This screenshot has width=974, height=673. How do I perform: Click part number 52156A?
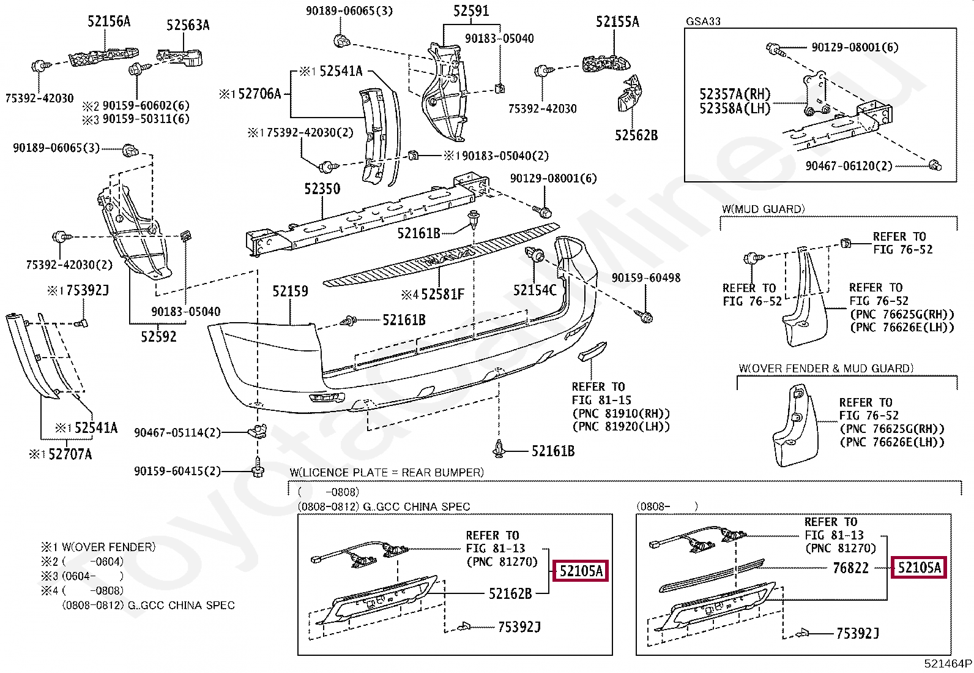pyautogui.click(x=109, y=21)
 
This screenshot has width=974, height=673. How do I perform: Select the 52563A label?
pyautogui.click(x=188, y=25)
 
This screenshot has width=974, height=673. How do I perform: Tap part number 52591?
pyautogui.click(x=471, y=11)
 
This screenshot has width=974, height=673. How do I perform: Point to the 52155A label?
pyautogui.click(x=617, y=22)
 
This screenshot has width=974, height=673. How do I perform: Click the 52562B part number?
pyautogui.click(x=636, y=135)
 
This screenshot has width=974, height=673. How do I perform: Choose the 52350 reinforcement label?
pyautogui.click(x=322, y=189)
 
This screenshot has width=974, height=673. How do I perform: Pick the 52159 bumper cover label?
pyautogui.click(x=290, y=291)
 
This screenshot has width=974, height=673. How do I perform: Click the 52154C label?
pyautogui.click(x=535, y=290)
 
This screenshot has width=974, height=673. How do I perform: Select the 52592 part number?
pyautogui.click(x=158, y=337)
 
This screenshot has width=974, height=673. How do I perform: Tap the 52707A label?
pyautogui.click(x=70, y=454)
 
